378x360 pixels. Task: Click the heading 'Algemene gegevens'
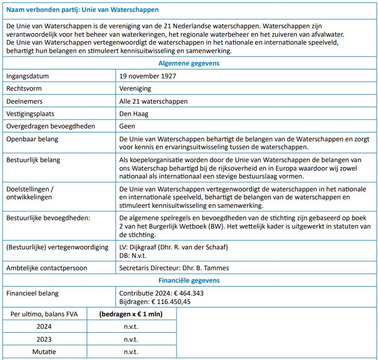click(x=189, y=63)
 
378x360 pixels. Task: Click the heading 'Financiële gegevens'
click(x=189, y=280)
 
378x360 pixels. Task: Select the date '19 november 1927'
click(x=148, y=76)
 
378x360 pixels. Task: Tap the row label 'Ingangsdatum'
click(x=27, y=76)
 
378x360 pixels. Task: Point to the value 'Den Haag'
click(x=134, y=114)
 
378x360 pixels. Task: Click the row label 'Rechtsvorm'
click(x=24, y=89)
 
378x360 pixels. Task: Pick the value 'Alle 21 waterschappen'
click(x=154, y=101)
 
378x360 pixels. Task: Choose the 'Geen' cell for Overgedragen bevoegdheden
click(x=127, y=126)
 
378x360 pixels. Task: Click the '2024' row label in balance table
click(x=44, y=326)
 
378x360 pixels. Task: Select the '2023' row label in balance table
click(x=44, y=339)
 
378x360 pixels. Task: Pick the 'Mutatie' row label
click(x=44, y=352)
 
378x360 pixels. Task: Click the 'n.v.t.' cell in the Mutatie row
click(x=131, y=352)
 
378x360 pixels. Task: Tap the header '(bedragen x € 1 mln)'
click(x=131, y=314)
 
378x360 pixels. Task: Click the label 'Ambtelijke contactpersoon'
click(x=47, y=268)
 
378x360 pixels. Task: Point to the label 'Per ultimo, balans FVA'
click(x=44, y=314)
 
